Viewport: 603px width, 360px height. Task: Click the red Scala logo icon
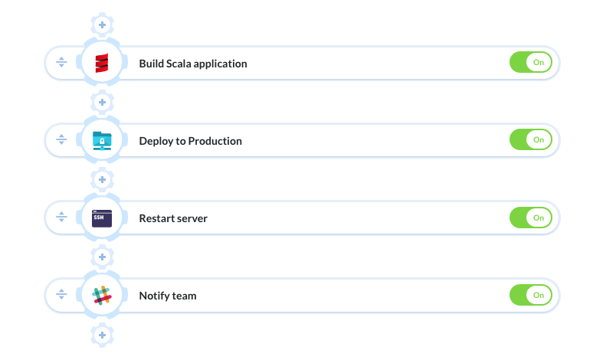coord(102,63)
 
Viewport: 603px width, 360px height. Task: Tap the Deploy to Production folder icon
coord(102,141)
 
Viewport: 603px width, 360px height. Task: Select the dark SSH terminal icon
coord(102,218)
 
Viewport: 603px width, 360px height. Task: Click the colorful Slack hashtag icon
coord(102,296)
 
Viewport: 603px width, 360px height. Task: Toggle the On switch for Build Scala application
coord(531,62)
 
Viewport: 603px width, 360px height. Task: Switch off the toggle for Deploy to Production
coord(531,139)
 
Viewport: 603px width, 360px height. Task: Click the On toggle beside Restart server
coord(531,218)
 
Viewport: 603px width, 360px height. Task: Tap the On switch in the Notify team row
coord(531,295)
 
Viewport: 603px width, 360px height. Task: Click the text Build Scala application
coord(193,64)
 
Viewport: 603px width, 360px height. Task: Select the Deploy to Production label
coord(190,141)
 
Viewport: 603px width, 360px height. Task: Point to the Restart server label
coord(173,218)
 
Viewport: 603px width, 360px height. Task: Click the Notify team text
coord(168,296)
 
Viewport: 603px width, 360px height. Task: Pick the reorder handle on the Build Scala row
coord(61,62)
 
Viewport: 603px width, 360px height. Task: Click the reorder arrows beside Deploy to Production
coord(61,139)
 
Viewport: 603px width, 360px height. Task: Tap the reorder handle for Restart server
coord(61,217)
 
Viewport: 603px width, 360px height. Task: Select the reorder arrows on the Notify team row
coord(61,294)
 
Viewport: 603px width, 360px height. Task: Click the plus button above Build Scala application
coord(102,25)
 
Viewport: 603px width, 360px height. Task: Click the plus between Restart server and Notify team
coord(102,257)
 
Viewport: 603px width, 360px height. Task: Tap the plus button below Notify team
coord(102,335)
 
